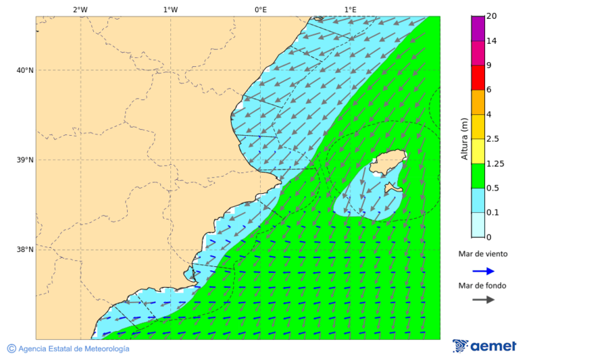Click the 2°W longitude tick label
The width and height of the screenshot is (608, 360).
(80, 10)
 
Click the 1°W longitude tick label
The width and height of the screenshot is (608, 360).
(170, 10)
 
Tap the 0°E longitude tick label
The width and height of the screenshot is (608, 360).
(260, 10)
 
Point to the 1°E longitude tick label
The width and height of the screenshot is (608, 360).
(350, 10)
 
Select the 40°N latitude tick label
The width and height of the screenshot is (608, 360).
(25, 70)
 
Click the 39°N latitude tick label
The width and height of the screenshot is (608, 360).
(25, 160)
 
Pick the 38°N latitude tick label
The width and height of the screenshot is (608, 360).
(25, 249)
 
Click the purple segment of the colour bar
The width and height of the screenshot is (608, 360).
(478, 28)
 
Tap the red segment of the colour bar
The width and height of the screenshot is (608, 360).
(478, 78)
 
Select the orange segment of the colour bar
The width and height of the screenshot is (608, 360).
(478, 102)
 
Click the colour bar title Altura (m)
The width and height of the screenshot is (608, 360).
(464, 139)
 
